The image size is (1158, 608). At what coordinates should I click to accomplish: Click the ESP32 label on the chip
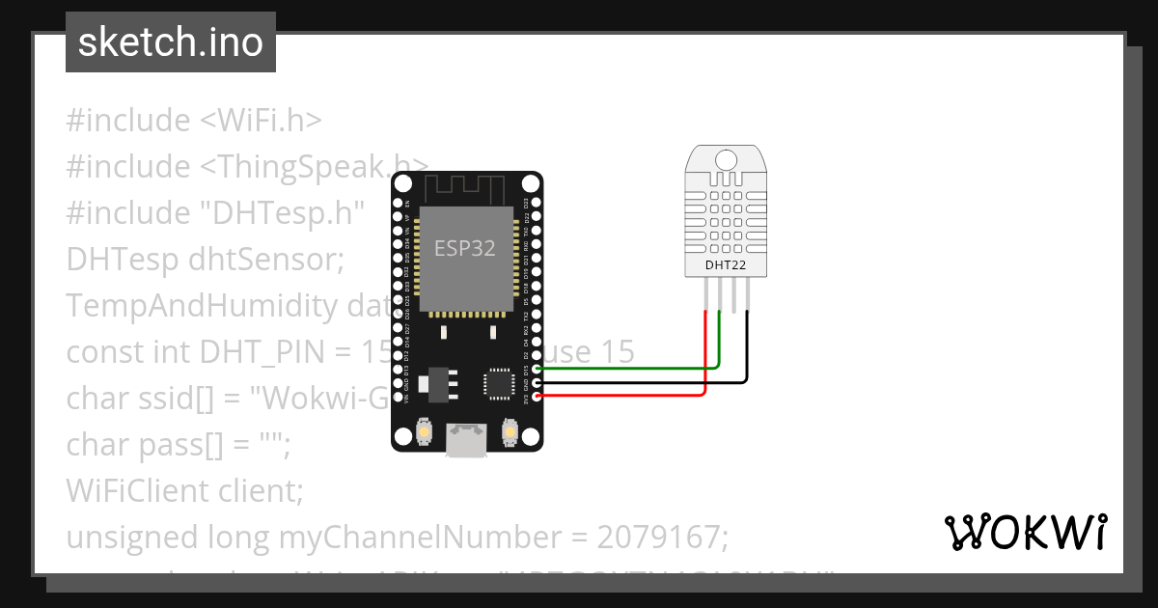[x=464, y=248]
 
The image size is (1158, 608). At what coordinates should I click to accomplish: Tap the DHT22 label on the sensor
[x=725, y=264]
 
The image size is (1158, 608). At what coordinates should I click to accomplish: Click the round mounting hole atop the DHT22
[x=725, y=158]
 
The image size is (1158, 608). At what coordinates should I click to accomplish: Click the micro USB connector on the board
[x=467, y=441]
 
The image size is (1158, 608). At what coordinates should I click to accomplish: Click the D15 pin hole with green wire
[x=537, y=369]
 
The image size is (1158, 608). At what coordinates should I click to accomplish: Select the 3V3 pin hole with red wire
[x=537, y=396]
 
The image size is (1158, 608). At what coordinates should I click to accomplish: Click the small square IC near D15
[x=498, y=381]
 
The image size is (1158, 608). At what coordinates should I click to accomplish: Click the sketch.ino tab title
[x=171, y=42]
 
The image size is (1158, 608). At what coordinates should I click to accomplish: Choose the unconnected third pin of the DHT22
[x=733, y=293]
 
